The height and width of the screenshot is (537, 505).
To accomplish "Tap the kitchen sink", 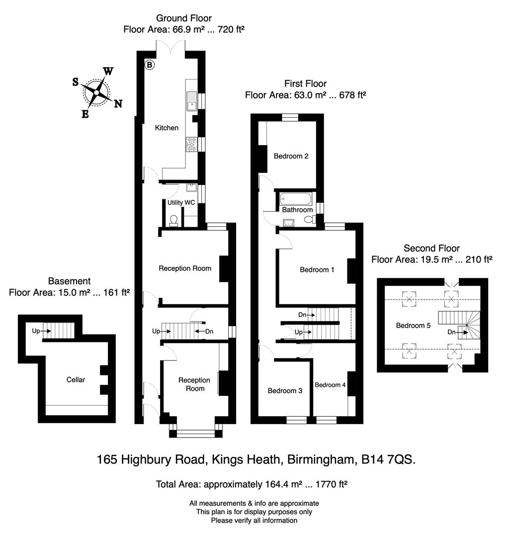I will [x=191, y=101].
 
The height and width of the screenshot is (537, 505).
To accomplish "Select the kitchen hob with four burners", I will [x=191, y=144].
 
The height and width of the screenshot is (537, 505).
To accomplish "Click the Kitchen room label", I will [x=167, y=128].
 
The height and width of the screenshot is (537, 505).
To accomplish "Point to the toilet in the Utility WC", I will [x=173, y=220].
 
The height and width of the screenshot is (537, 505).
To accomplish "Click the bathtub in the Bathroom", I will [x=296, y=199].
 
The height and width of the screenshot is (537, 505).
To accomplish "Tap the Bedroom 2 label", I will [x=291, y=156].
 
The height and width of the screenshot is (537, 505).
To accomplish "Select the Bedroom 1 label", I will [x=317, y=269].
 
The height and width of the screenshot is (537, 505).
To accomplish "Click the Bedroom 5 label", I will [x=413, y=326].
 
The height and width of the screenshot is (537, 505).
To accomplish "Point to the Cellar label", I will [x=76, y=379].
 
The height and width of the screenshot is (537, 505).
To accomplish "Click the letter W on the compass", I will [x=108, y=72].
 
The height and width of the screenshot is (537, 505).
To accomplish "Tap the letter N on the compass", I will [x=118, y=103].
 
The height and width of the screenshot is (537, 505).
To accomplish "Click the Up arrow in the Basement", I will [x=35, y=330].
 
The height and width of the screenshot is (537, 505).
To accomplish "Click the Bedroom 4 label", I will [x=330, y=384].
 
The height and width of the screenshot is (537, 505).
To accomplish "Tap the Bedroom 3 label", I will [x=285, y=391].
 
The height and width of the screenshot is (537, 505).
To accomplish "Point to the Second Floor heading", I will [x=431, y=248].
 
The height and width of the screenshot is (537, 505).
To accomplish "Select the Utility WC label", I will [x=181, y=202].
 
